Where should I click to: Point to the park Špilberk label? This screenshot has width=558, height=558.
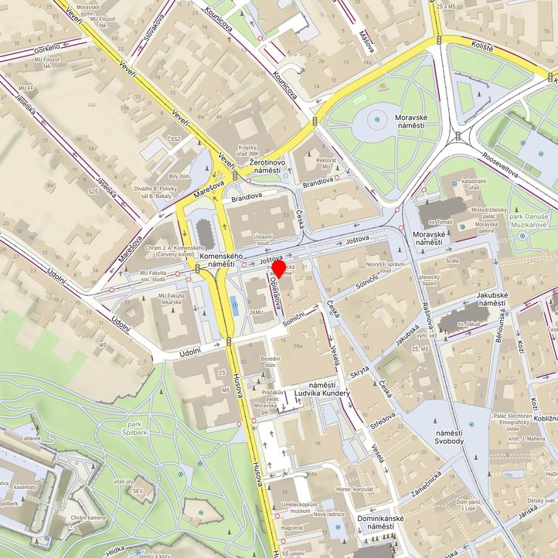(124, 429)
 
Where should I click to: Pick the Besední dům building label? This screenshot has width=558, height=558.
(270, 363)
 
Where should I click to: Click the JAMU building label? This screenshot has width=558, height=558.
(255, 311)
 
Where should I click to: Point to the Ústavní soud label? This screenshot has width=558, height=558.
(263, 240)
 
